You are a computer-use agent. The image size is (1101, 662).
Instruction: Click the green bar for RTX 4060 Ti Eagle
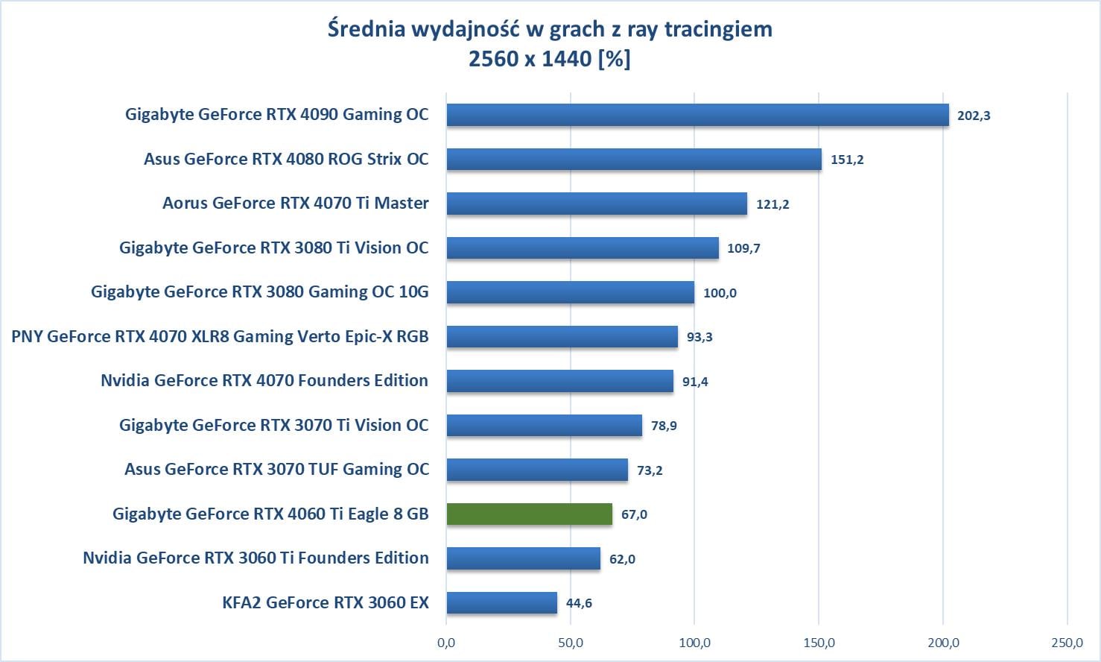[x=529, y=514]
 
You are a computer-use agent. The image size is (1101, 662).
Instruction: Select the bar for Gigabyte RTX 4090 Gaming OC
[x=697, y=115]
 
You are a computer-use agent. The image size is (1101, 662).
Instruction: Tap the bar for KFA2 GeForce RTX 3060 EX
[x=501, y=602]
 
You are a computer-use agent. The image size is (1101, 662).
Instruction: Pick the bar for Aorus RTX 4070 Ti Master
[x=596, y=204]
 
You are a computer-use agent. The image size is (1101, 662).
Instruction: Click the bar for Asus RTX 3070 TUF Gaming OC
[x=536, y=470]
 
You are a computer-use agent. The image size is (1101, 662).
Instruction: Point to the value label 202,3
[x=974, y=116]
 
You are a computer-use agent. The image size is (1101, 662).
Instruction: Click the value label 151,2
[x=847, y=160]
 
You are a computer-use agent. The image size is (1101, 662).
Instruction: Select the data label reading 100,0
[x=720, y=293]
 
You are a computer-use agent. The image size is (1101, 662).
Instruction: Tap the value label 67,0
[x=634, y=514]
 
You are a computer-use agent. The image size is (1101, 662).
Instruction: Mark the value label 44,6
[x=579, y=603]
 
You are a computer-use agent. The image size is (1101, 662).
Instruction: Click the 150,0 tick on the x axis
[x=819, y=643]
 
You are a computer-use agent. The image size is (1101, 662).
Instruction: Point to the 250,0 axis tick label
[x=1067, y=643]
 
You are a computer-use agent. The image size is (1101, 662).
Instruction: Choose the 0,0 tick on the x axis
[x=446, y=643]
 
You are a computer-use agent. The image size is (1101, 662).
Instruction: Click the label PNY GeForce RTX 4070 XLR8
[x=220, y=336]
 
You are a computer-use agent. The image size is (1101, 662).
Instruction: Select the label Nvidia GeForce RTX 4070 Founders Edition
[x=264, y=380]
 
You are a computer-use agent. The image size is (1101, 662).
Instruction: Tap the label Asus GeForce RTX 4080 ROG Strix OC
[x=286, y=159]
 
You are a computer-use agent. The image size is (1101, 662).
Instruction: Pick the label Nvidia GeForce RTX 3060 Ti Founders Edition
[x=256, y=558]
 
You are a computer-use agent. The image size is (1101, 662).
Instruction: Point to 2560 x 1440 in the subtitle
[x=530, y=58]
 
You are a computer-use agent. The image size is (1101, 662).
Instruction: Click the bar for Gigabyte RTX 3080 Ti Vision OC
[x=583, y=248]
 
